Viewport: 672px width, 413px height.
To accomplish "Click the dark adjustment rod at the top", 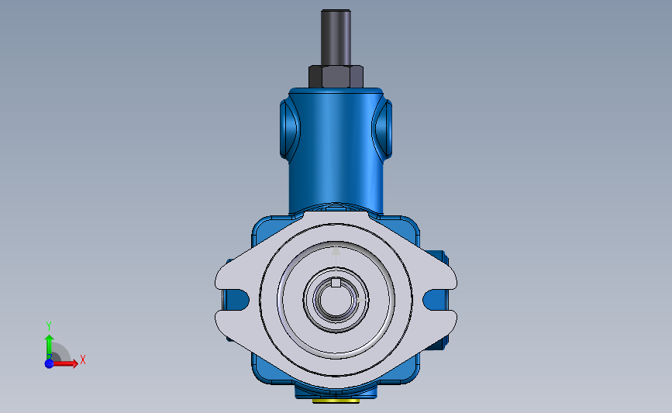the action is click(336, 38).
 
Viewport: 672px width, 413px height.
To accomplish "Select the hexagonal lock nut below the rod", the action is click(336, 77).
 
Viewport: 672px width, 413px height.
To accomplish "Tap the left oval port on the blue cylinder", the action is click(289, 129).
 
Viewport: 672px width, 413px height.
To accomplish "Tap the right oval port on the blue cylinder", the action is click(382, 129).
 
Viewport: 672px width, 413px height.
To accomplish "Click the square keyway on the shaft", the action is click(336, 282).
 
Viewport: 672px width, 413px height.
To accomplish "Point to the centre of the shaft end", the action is click(336, 299).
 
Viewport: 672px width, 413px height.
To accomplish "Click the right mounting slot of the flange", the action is click(436, 299).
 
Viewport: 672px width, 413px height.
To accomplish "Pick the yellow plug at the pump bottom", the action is click(336, 401).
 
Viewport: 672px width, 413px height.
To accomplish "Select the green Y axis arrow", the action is click(50, 347).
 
